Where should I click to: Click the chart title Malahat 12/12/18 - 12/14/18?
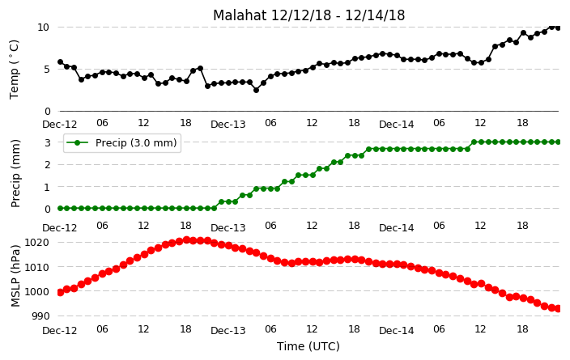point(308,15)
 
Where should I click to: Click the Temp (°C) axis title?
point(14,70)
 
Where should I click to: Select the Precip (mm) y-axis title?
point(15,173)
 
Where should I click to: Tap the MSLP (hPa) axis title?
point(15,276)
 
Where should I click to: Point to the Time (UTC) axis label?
point(308,346)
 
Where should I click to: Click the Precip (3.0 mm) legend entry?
point(122,142)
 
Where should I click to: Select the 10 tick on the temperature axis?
point(43,28)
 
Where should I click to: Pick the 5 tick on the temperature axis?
point(46,69)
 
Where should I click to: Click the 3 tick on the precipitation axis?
point(48,142)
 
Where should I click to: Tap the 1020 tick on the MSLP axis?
point(36,243)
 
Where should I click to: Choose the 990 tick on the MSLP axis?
point(40,316)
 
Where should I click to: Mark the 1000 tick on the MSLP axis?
point(36,291)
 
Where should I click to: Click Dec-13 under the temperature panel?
point(228,125)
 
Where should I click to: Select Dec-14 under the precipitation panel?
point(396,228)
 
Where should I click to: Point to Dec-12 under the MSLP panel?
point(60,331)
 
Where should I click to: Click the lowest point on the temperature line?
point(257,90)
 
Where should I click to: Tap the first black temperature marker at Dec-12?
point(61,62)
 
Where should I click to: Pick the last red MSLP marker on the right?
point(559,308)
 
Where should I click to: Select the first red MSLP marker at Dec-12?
point(61,292)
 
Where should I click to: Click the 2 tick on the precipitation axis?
point(48,164)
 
